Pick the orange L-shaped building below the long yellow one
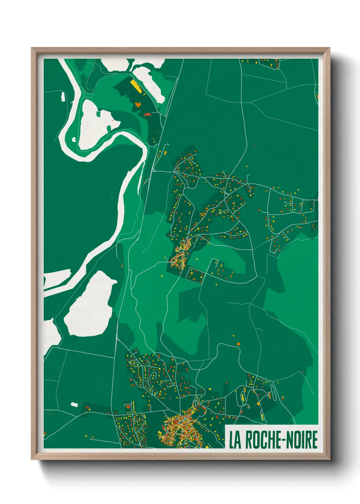tap(137, 104)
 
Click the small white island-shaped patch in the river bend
tap(74, 139)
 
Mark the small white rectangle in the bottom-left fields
tap(74, 405)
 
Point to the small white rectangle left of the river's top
tap(63, 96)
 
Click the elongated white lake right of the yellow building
tap(148, 82)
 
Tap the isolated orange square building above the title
tap(238, 344)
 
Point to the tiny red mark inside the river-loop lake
tap(112, 120)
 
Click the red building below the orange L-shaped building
tap(147, 114)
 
